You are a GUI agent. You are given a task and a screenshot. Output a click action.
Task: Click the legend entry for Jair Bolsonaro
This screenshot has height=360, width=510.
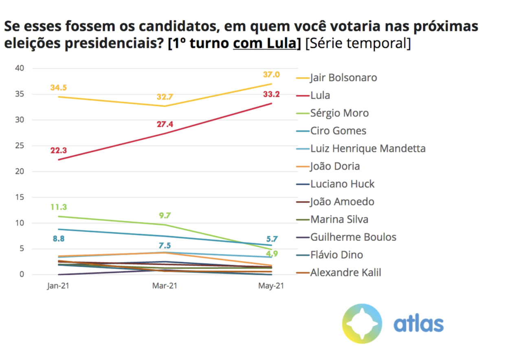343,77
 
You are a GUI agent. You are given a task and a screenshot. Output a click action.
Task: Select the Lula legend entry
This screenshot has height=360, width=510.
320,95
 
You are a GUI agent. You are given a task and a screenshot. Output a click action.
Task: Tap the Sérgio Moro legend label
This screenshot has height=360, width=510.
339,113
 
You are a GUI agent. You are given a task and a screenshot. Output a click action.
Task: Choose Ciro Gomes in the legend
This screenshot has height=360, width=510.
338,131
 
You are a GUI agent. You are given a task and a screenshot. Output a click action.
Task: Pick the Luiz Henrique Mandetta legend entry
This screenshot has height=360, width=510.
367,148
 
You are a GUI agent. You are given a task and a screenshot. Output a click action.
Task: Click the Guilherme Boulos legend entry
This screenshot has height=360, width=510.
353,237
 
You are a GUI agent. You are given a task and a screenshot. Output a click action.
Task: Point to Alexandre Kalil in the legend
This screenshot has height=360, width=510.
345,272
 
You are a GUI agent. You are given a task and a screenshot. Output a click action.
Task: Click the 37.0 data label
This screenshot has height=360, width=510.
271,75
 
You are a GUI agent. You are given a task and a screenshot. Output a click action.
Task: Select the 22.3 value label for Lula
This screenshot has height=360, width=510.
59,151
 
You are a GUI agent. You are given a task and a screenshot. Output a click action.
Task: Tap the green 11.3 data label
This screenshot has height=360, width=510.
59,207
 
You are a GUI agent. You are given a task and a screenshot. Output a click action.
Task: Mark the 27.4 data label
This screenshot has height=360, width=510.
165,124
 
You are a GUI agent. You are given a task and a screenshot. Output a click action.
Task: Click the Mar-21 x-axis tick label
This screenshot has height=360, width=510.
165,286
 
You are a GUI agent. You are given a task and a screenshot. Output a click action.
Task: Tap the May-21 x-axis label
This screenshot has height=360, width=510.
271,286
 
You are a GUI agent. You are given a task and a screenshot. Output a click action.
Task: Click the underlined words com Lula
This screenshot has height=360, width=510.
264,43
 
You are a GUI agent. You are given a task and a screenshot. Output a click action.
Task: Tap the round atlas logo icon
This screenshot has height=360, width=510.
362,323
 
